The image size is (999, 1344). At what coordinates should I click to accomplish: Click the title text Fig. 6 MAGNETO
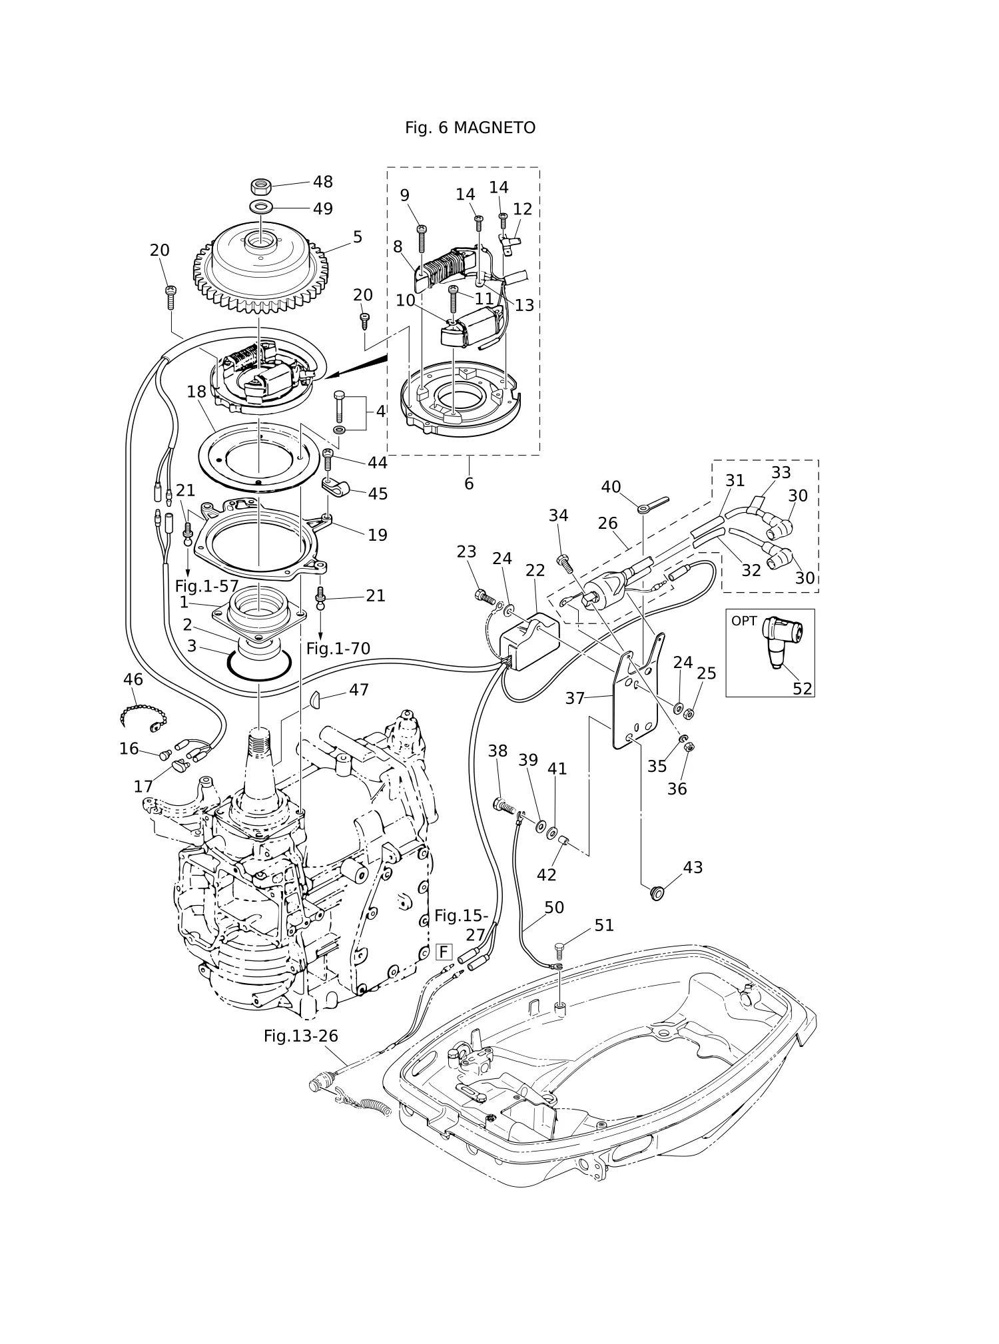click(x=470, y=128)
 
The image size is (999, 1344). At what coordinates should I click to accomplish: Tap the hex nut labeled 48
click(x=261, y=185)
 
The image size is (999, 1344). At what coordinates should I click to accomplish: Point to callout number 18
click(x=196, y=392)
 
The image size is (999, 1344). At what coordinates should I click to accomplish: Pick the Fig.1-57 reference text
click(x=206, y=586)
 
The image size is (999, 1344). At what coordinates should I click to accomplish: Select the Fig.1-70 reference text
click(x=338, y=648)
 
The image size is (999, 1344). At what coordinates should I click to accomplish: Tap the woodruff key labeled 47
click(x=316, y=699)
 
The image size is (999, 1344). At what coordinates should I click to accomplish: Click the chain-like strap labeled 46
click(x=141, y=715)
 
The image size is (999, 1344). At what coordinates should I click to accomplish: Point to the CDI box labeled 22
click(x=529, y=639)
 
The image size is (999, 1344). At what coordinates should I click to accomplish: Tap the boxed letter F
click(x=444, y=952)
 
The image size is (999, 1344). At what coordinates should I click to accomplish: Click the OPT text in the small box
click(x=744, y=621)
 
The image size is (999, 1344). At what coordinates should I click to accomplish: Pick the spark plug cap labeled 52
click(x=783, y=640)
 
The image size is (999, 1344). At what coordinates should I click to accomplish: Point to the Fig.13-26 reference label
click(x=301, y=1036)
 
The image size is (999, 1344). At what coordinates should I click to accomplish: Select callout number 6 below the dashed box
click(x=469, y=484)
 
